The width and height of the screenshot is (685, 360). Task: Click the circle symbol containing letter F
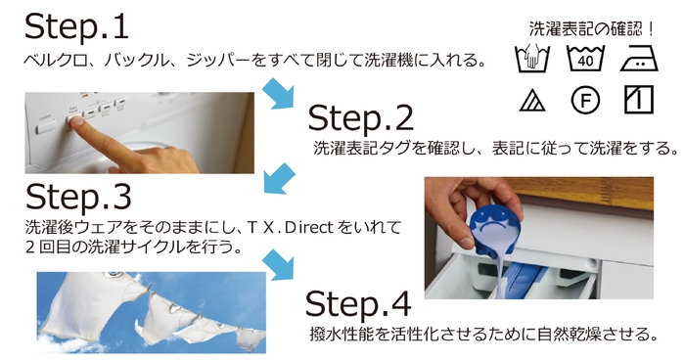click(585, 101)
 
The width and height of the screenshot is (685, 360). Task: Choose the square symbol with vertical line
click(637, 101)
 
